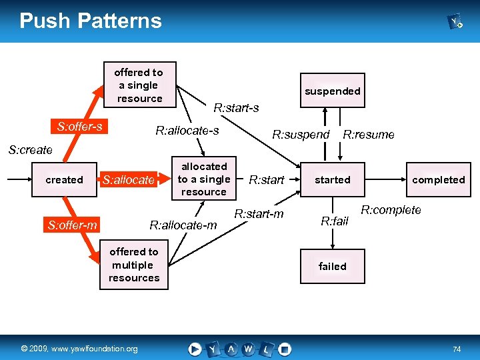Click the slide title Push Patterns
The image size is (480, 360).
tap(91, 21)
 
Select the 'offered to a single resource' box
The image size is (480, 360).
tap(139, 85)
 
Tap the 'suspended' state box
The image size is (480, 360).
tap(332, 91)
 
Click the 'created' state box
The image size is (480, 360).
tap(64, 180)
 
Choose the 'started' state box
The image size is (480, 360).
tap(332, 180)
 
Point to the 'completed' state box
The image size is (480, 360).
tap(438, 180)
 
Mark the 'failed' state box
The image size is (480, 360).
tap(332, 267)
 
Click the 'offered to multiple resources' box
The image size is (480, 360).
tap(134, 265)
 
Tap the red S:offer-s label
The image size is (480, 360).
tap(80, 127)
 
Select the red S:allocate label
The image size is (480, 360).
tap(128, 180)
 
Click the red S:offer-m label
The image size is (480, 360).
tap(73, 225)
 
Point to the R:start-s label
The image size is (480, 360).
tap(236, 107)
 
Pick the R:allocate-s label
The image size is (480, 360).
tap(187, 131)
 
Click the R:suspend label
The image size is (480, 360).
tap(301, 135)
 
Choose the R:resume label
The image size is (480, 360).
tap(368, 135)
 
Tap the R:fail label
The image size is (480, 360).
tap(335, 221)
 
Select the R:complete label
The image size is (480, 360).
tap(391, 210)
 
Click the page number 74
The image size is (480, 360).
tap(457, 349)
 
